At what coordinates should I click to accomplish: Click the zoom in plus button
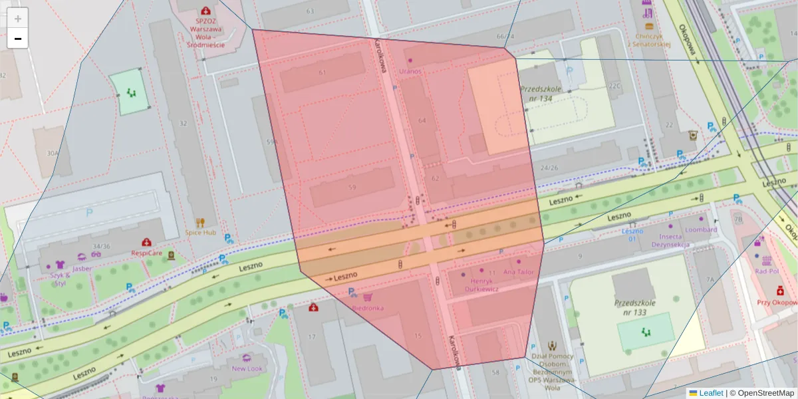coord(18,19)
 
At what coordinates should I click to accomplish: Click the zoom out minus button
coord(18,39)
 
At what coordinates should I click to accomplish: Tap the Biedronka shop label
coord(367,308)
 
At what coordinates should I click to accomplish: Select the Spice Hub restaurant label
coord(200,232)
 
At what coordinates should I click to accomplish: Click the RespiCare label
coord(146,253)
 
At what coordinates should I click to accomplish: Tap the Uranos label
coord(410,70)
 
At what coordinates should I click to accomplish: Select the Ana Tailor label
coord(519,271)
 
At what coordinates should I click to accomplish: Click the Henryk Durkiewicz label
coord(480,285)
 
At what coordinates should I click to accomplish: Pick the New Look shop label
coord(247,368)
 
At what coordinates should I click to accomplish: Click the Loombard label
coord(701,229)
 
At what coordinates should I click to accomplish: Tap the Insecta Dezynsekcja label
coord(670,240)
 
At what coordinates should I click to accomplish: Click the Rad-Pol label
coord(767,271)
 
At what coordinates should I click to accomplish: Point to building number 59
coord(352,188)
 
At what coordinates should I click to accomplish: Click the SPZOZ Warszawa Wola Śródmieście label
coord(205,27)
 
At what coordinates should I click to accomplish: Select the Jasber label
coord(82,268)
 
